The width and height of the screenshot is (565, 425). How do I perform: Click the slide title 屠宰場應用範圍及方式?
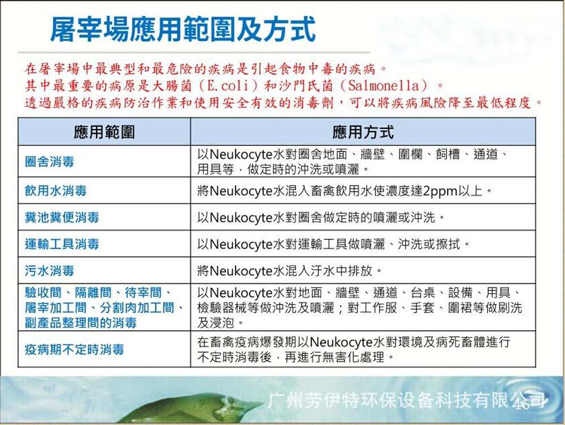[183, 29]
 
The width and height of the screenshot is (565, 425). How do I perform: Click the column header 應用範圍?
[105, 132]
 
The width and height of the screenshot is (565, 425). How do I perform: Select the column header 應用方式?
[363, 132]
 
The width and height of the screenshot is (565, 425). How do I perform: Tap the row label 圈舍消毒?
[49, 162]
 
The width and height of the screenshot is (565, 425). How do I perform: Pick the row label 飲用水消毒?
[56, 190]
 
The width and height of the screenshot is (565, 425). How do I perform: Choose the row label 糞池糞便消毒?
[62, 218]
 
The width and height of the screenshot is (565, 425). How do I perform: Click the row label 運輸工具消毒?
[62, 244]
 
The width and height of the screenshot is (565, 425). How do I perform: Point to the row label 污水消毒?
[49, 271]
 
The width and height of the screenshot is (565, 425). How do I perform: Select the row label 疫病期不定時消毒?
[75, 349]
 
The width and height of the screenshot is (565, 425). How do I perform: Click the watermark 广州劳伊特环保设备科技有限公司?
[406, 400]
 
